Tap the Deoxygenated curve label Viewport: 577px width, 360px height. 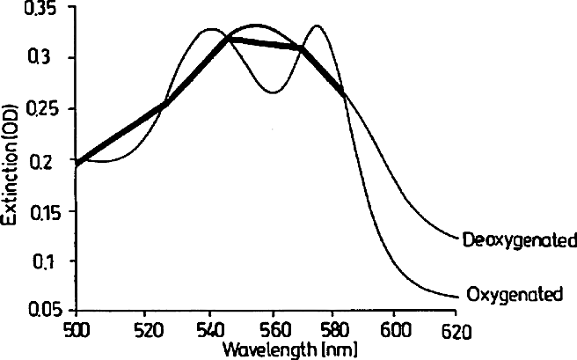519,239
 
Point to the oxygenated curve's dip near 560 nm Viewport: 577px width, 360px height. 274,92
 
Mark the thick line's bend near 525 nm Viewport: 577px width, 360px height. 165,103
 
